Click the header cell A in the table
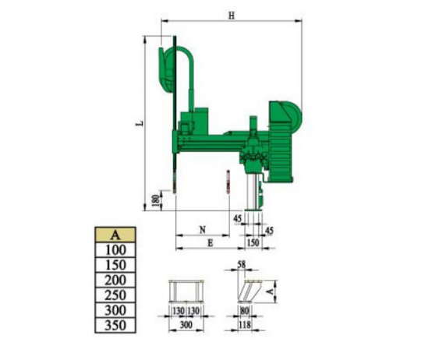[x=115, y=235]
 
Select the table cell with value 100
[x=115, y=250]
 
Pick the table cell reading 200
[x=115, y=281]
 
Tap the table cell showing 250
[x=115, y=295]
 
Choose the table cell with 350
[x=115, y=325]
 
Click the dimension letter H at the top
[x=232, y=16]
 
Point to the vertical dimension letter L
[x=140, y=123]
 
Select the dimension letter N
[x=203, y=230]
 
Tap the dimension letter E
[x=211, y=243]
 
